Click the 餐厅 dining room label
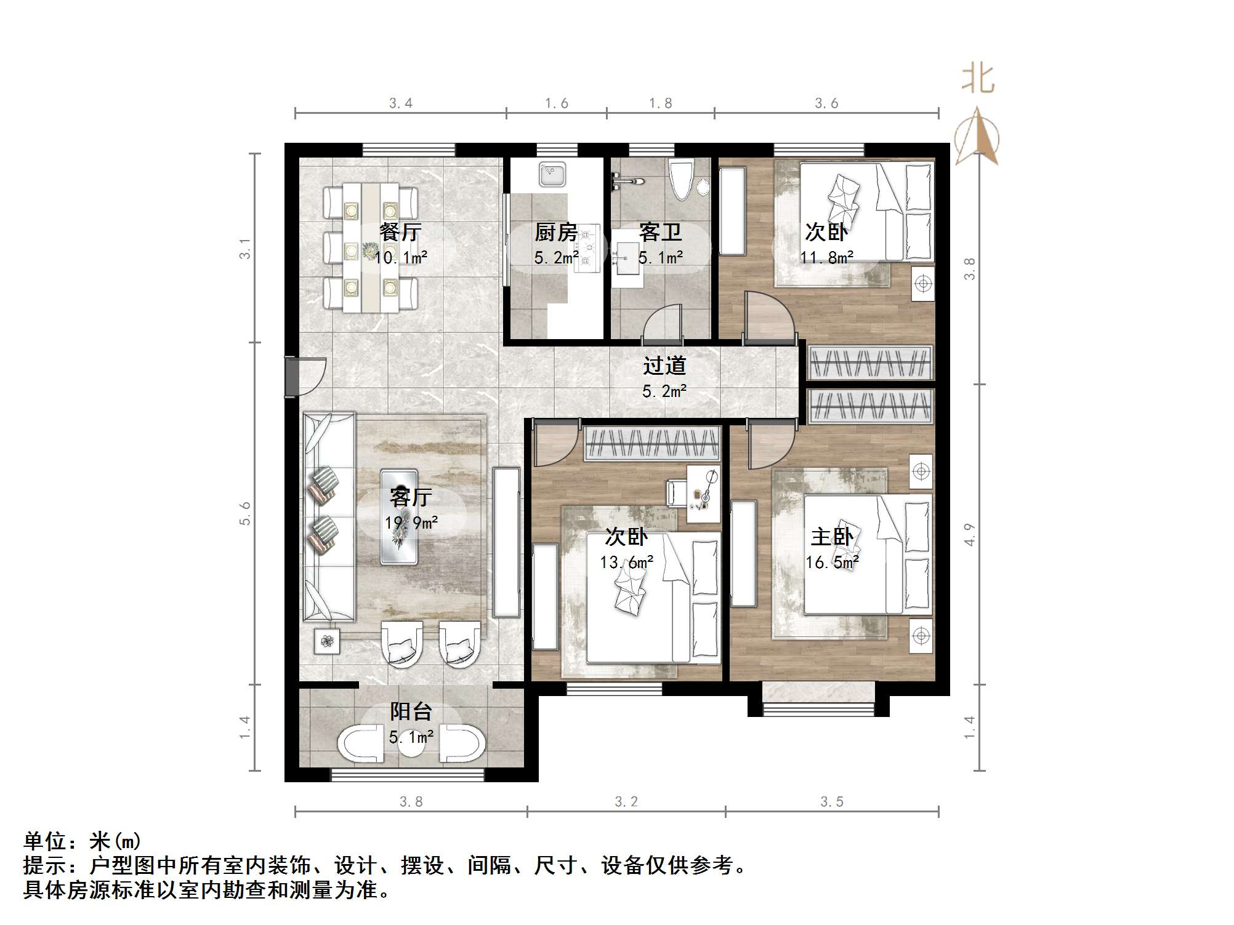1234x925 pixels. coord(400,232)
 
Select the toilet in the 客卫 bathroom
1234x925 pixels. coord(682,180)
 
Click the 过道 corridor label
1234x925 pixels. coord(664,366)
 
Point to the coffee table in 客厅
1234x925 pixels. coord(400,517)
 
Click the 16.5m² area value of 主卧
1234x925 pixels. coord(832,563)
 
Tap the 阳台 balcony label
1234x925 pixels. coord(411,711)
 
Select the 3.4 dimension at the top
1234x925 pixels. coord(401,103)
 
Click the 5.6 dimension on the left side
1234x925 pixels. coord(246,513)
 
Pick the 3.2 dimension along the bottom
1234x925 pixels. coord(626,802)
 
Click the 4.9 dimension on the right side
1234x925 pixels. coord(970,534)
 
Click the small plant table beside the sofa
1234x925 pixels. coord(327,642)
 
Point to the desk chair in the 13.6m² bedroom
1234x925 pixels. coord(675,494)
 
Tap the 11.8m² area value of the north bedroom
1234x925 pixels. coord(826,257)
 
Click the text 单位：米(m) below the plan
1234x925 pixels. coord(83,841)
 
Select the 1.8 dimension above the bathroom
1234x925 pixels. coord(661,103)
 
